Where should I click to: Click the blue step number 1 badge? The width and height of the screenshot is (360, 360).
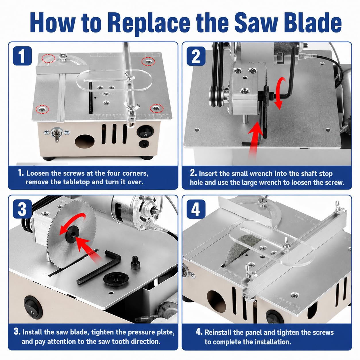(22, 56)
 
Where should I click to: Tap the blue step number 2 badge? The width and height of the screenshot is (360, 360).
(196, 56)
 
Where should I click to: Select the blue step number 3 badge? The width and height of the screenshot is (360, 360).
(22, 209)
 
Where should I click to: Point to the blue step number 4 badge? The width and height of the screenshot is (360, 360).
(196, 209)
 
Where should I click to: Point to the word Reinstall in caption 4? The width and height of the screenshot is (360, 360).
(218, 332)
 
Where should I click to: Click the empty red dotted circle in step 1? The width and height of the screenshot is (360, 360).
(48, 59)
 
